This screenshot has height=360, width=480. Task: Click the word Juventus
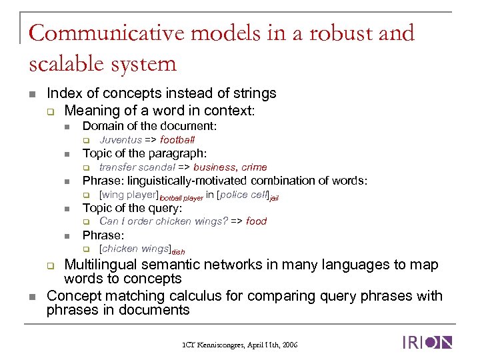tap(121, 140)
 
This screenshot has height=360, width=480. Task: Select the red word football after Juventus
tap(177, 140)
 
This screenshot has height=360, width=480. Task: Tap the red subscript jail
tap(273, 198)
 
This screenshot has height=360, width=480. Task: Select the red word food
tap(256, 221)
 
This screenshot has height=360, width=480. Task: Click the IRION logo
tap(427, 343)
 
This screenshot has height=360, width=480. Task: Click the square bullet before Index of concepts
tap(32, 94)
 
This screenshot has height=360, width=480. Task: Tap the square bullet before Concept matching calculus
tap(32, 296)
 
